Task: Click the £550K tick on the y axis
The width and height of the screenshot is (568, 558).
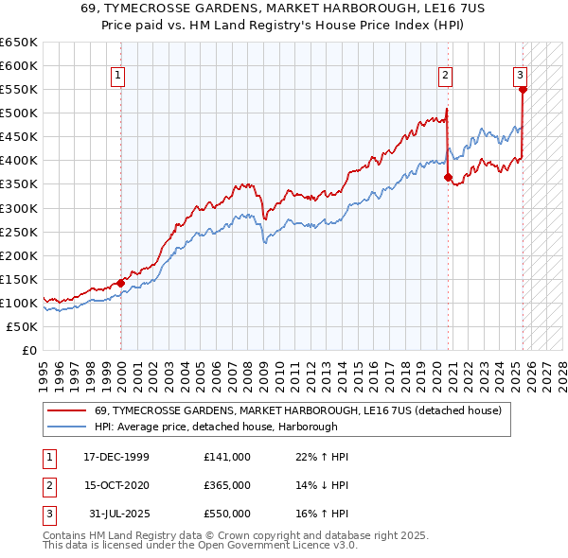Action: [x=20, y=90]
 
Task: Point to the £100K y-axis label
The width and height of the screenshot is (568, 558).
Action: [x=20, y=303]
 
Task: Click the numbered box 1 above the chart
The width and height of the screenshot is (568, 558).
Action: [x=118, y=77]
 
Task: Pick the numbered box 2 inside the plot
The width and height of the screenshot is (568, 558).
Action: [x=444, y=77]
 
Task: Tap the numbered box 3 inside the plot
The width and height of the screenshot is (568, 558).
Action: [x=520, y=77]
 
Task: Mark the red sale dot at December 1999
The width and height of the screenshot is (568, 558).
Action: [x=121, y=283]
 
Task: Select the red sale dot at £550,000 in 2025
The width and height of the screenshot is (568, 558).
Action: [x=523, y=90]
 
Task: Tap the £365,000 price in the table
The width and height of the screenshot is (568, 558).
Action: [x=227, y=485]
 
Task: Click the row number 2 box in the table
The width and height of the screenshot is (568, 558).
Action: [x=48, y=485]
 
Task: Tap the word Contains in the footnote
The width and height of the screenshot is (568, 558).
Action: [x=66, y=535]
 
